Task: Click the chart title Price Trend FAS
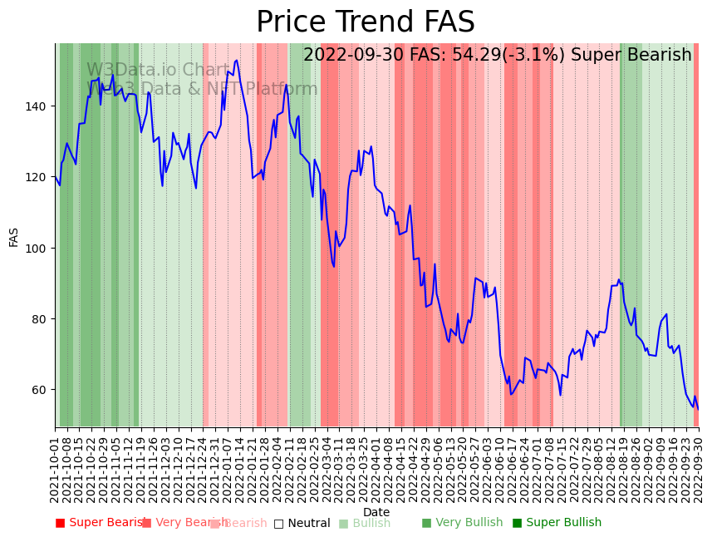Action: [x=365, y=22]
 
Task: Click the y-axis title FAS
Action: [x=14, y=236]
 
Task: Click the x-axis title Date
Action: [x=376, y=512]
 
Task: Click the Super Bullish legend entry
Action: [x=557, y=523]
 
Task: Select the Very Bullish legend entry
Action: [x=462, y=523]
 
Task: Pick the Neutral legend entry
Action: [x=302, y=523]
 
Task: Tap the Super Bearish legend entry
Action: [x=100, y=523]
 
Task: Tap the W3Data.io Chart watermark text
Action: [x=158, y=71]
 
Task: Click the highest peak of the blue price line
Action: [x=237, y=60]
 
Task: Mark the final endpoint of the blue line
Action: [x=698, y=409]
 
